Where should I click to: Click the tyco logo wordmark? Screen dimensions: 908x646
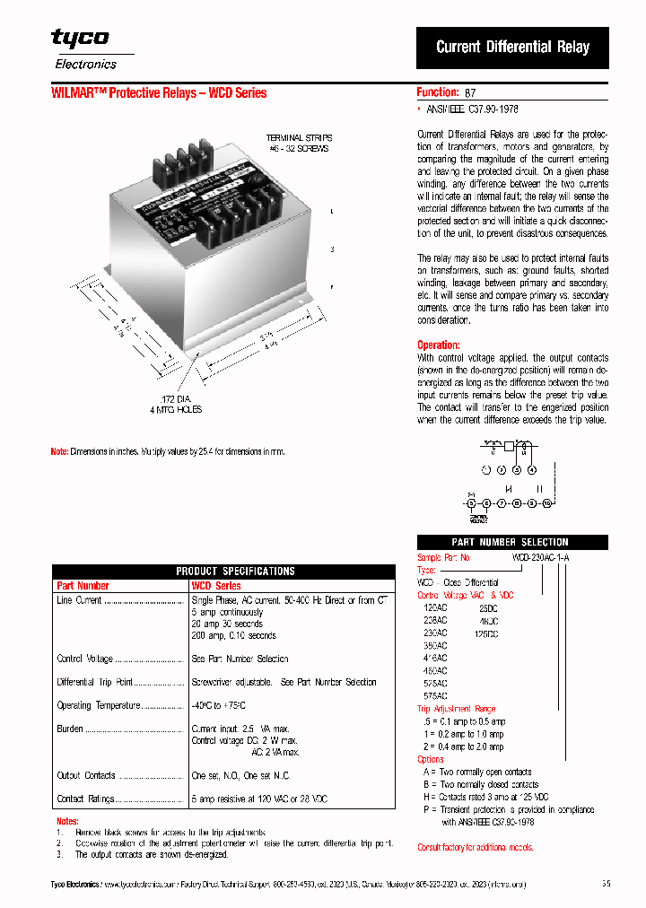point(80,38)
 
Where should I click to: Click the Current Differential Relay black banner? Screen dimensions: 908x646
point(512,48)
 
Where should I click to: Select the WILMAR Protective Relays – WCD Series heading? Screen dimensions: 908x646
point(159,93)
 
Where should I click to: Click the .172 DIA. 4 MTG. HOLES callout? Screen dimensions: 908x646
point(177,404)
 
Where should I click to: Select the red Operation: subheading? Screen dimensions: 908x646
point(438,345)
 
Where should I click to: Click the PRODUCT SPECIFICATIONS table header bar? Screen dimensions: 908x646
point(223,571)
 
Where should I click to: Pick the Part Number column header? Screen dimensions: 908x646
point(83,586)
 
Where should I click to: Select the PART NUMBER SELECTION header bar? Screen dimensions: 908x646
point(510,542)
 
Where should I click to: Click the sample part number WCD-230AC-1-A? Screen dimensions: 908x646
point(540,557)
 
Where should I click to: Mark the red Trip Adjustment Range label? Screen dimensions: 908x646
point(456,709)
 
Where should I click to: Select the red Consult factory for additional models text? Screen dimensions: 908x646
point(476,847)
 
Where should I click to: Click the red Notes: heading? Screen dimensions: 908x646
point(68,821)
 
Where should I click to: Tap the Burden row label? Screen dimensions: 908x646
point(70,729)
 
